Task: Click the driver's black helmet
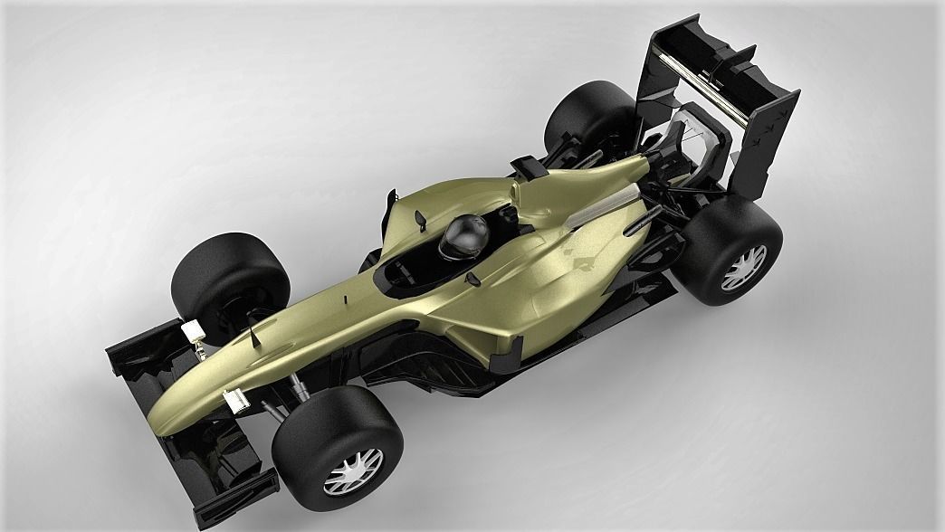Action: pos(465,237)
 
